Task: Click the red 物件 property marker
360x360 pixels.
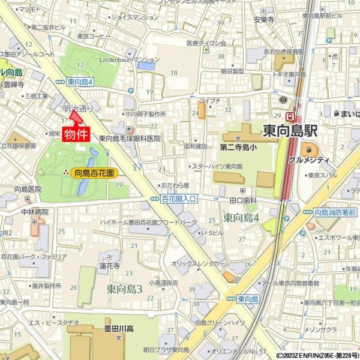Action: [76, 133]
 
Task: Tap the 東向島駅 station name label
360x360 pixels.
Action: [289, 131]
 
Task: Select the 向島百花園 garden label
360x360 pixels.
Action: [95, 173]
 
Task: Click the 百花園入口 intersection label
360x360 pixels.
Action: [179, 199]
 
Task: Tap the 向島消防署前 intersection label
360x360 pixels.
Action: [335, 212]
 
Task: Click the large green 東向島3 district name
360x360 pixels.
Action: [125, 289]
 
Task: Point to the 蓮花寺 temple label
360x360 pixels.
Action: [110, 265]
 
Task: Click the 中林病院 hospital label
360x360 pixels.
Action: [34, 212]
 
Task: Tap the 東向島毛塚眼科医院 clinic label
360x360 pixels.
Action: [130, 138]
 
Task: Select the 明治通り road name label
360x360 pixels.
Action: [78, 109]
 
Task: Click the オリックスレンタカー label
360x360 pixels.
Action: [199, 263]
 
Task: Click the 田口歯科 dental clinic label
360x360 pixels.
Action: [243, 199]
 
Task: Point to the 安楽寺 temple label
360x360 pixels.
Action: [263, 19]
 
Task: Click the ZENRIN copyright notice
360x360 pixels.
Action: [318, 355]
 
